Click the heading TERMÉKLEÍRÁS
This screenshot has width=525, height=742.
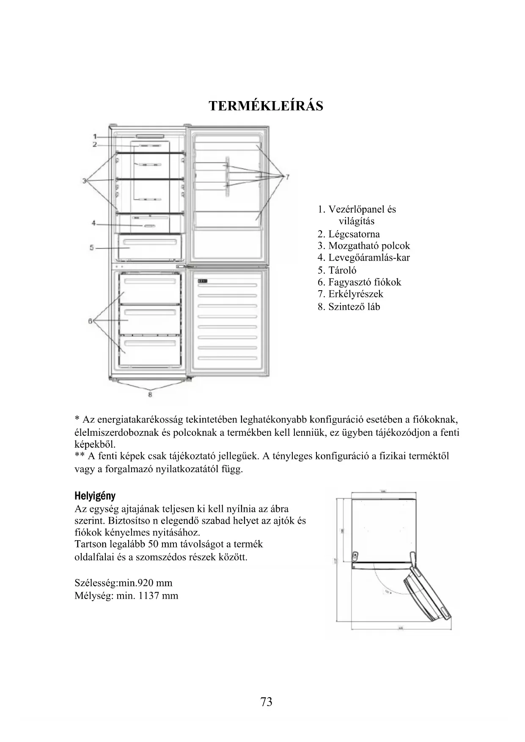click(x=266, y=105)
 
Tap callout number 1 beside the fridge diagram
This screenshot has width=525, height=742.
click(x=95, y=136)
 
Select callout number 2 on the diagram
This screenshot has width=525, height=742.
click(x=95, y=144)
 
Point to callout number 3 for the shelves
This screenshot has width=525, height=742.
click(x=85, y=181)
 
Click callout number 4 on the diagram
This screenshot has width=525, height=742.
click(x=94, y=223)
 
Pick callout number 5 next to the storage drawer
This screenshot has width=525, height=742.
click(x=92, y=247)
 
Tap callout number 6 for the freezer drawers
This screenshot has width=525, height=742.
click(x=90, y=321)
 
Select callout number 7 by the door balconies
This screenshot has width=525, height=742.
click(x=287, y=176)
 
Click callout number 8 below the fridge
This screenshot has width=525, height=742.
click(x=150, y=395)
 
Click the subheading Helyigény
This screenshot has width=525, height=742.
click(x=95, y=495)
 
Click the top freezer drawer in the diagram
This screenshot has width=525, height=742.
click(x=150, y=289)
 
